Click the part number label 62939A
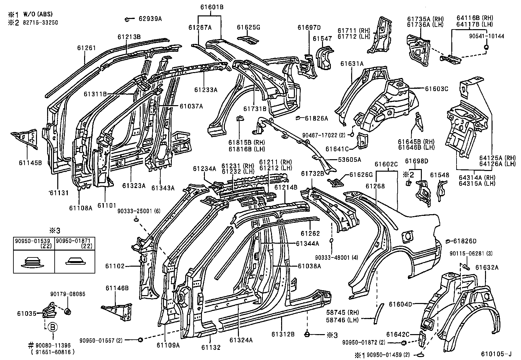(x=150, y=19)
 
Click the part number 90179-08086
(x=68, y=294)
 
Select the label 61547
(x=322, y=39)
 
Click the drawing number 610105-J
(x=496, y=354)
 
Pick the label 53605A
(x=350, y=160)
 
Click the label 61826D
(x=465, y=241)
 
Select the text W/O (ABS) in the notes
(x=38, y=14)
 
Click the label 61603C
(x=437, y=89)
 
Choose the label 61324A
(x=241, y=340)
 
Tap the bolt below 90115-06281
(x=466, y=267)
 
